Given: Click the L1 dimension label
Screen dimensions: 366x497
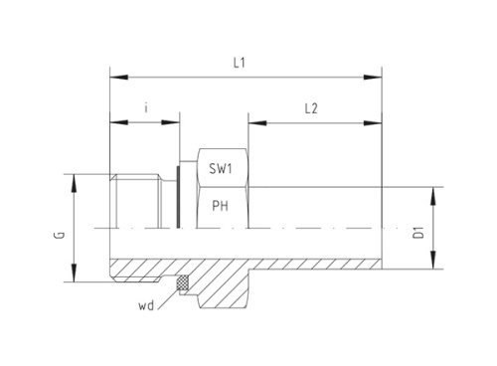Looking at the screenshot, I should click(x=239, y=62).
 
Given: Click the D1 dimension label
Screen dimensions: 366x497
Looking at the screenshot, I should click(x=420, y=233).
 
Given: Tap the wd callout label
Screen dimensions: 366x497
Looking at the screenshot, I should click(x=146, y=306).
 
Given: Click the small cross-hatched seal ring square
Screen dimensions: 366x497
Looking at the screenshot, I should click(x=182, y=284).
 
